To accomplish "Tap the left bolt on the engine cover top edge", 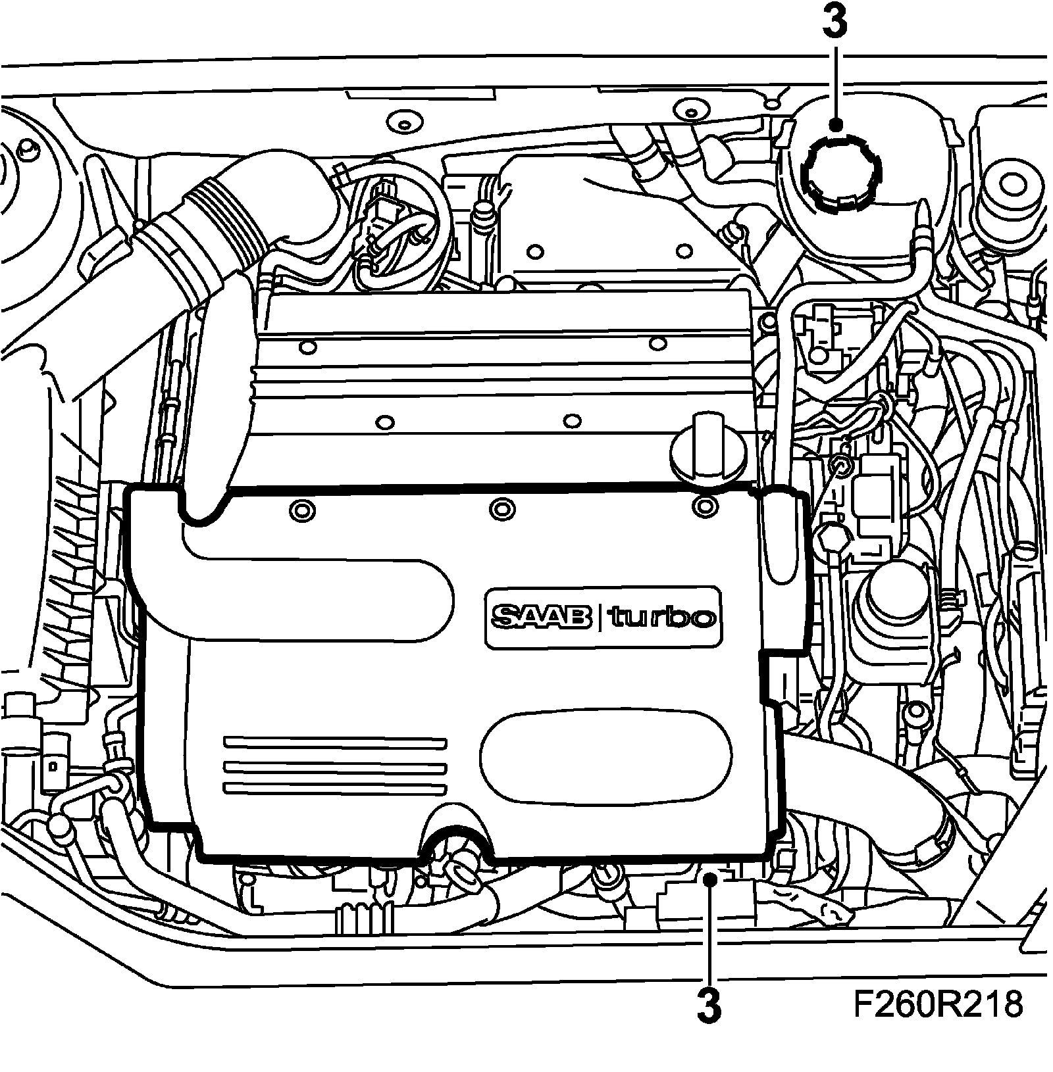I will click(x=303, y=509).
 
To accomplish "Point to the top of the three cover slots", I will click(x=335, y=742).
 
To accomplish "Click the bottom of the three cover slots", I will click(x=335, y=788).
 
